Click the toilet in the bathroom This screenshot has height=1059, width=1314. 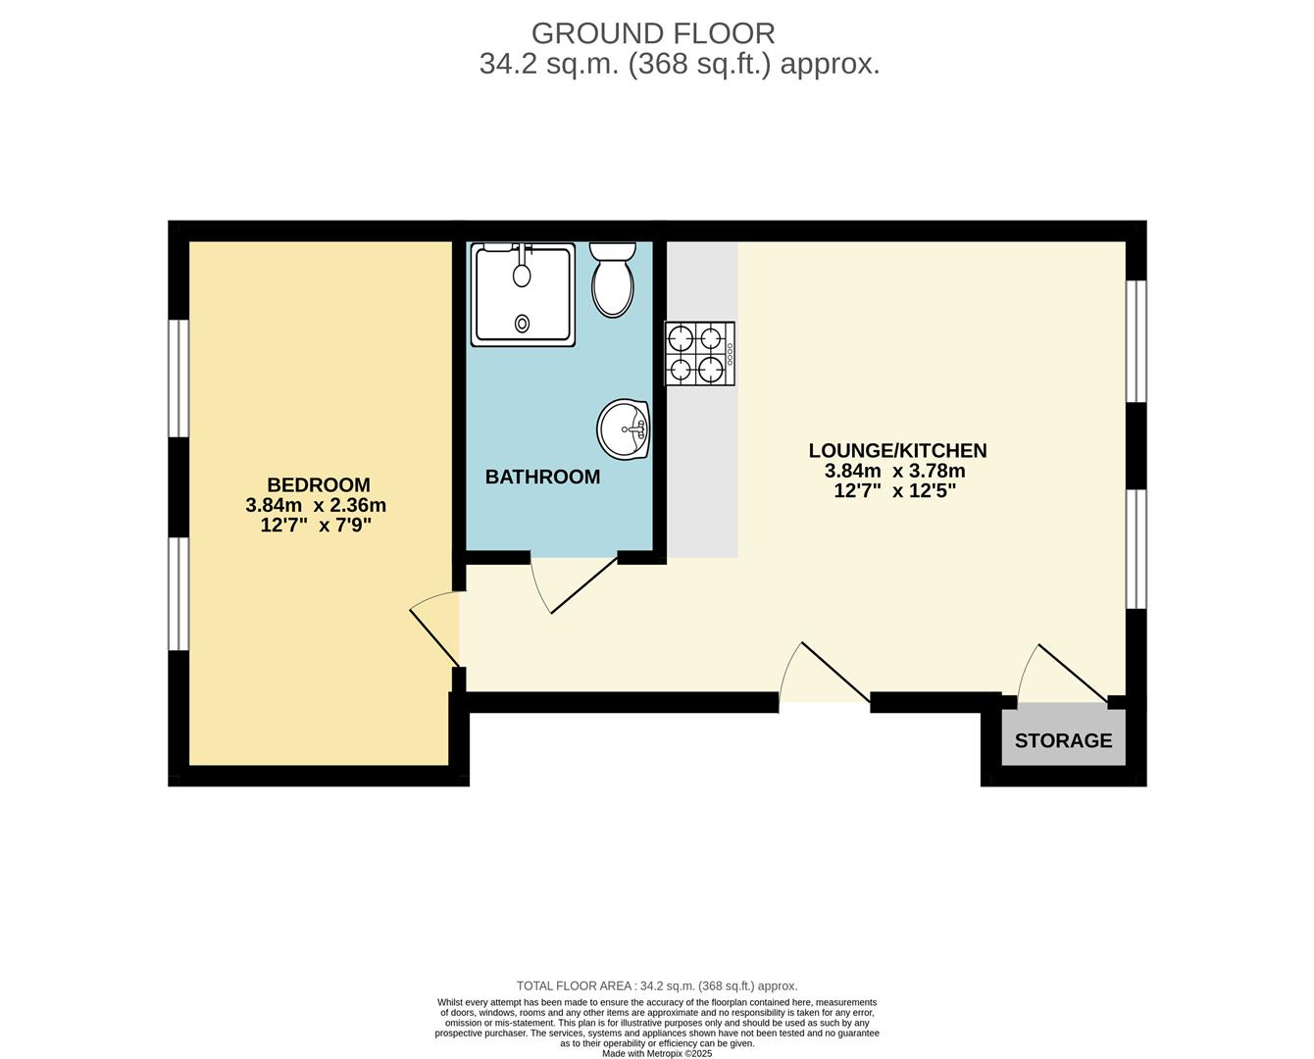(x=613, y=280)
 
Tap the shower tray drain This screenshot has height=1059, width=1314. (x=522, y=323)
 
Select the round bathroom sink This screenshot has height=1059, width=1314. (x=624, y=429)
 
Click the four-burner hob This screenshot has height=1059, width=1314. (x=700, y=353)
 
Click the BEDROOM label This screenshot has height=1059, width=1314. (x=318, y=484)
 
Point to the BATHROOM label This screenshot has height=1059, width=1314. (x=542, y=477)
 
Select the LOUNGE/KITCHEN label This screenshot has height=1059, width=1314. (x=897, y=450)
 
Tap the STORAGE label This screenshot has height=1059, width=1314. (x=1063, y=740)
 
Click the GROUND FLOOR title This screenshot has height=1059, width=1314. (x=653, y=33)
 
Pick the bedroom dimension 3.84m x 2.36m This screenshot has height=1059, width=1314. (x=316, y=505)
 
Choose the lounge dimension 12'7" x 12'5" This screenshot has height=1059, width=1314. (x=894, y=490)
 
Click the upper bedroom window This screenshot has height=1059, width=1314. (x=177, y=378)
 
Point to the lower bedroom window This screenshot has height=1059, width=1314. (x=177, y=593)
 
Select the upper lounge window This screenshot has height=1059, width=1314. (x=1136, y=341)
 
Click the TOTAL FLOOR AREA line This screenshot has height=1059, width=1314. (x=657, y=985)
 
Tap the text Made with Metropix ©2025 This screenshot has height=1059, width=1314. (x=657, y=1053)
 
